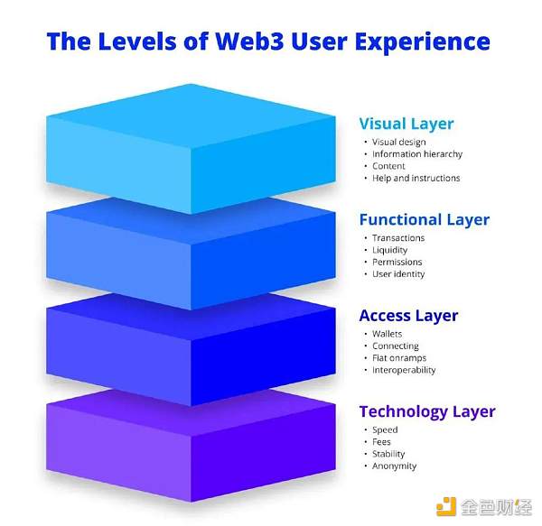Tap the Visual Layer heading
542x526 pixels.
(x=406, y=124)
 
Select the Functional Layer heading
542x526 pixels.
(x=424, y=219)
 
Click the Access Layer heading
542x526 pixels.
(x=408, y=315)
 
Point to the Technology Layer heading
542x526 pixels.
(x=426, y=411)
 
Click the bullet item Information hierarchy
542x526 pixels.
(x=416, y=154)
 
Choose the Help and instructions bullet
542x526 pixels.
(x=416, y=178)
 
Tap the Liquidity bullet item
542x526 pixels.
(x=390, y=250)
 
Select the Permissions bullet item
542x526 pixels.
(x=397, y=262)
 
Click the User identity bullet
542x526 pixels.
(x=398, y=273)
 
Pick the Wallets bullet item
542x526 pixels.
(x=388, y=334)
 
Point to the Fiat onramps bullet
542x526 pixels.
(x=398, y=357)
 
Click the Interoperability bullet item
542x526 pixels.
(x=404, y=370)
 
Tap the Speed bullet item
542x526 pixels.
(x=385, y=430)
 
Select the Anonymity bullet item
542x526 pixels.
(x=394, y=466)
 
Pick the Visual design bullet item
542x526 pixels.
(x=398, y=143)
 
